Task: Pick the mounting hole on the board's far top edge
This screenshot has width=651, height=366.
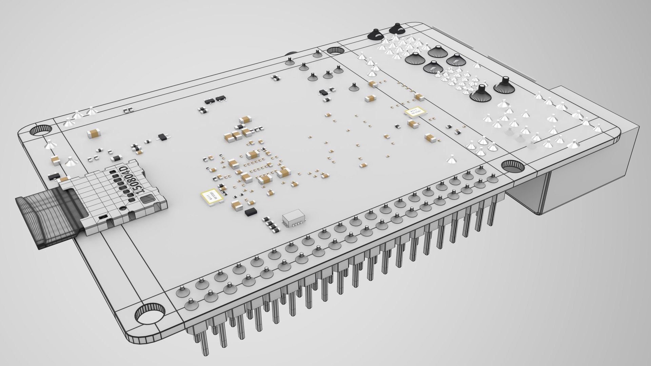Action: click(335, 50)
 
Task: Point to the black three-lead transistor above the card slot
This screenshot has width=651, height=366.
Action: click(164, 137)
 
